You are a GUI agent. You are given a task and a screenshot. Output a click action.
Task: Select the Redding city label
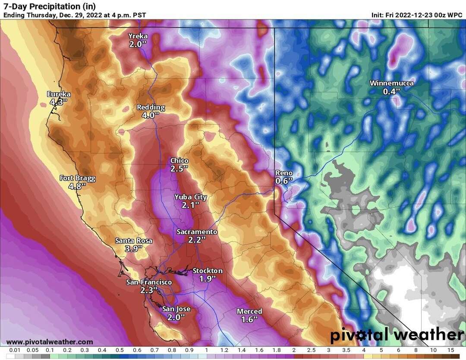(x=151, y=107)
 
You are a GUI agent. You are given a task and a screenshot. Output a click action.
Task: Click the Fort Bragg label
(x=77, y=178)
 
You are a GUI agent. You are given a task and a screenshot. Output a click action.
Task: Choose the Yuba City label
(x=190, y=197)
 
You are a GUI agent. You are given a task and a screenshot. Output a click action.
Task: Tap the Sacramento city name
(x=197, y=232)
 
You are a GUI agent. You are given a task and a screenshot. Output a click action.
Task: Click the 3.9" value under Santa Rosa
(x=133, y=249)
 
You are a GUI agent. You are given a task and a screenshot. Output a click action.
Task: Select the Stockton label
(x=208, y=271)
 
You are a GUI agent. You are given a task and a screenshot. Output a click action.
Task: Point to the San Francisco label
(x=149, y=282)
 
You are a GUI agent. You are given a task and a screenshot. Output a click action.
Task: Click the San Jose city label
(x=176, y=309)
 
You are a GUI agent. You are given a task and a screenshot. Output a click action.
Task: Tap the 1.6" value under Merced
(x=249, y=319)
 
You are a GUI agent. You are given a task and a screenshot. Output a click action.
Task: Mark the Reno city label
(x=284, y=173)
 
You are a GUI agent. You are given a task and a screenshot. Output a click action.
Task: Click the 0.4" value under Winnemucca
(x=391, y=91)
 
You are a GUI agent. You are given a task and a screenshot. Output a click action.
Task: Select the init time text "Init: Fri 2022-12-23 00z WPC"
(x=417, y=15)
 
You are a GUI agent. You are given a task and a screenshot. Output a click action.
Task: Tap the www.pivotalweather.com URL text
(x=50, y=342)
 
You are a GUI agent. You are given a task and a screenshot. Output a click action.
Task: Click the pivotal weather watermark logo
(x=397, y=335)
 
